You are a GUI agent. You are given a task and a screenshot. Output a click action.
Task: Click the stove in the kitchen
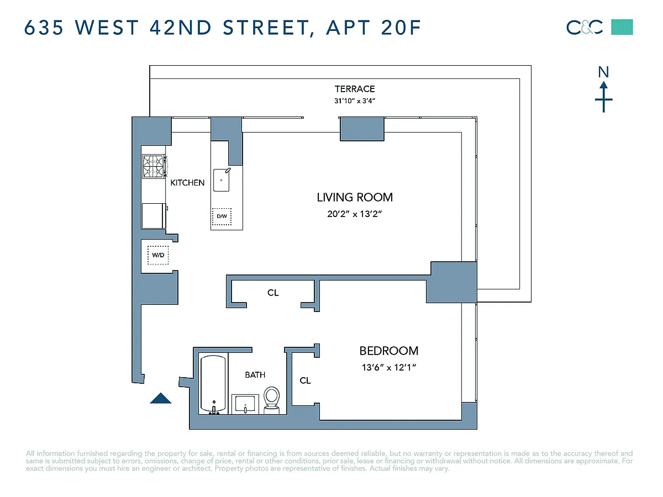coord(154,166)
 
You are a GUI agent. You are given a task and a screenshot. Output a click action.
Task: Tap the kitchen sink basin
coord(222,180)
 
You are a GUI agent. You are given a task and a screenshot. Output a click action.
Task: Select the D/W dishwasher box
coord(222,216)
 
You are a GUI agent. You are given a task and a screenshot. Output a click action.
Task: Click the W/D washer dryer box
coord(158,255)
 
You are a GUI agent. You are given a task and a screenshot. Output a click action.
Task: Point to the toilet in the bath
coord(271,400)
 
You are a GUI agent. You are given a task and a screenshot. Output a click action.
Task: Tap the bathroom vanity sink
coord(245,404)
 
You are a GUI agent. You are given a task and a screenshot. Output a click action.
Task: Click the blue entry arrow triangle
coord(161,398)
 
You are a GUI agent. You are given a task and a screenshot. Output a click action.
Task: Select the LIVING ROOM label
coord(355,197)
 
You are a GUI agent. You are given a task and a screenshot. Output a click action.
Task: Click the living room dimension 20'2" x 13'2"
coord(355,214)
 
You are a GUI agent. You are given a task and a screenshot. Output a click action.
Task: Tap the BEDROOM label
coord(389,351)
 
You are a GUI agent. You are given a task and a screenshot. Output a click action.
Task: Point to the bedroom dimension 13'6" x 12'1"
coord(389,368)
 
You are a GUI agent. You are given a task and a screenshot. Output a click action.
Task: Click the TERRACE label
coord(355,89)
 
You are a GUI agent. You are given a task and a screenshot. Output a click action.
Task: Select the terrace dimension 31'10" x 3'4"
coord(355,101)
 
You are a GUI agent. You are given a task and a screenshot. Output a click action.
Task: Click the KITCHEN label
coord(187,183)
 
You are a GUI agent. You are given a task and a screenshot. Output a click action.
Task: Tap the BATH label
coord(255,375)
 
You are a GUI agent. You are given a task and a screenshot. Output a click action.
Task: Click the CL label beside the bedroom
coord(305,380)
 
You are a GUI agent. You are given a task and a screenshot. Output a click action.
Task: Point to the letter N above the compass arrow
coord(603,72)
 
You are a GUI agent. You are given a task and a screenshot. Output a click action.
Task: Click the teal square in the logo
coord(622,27)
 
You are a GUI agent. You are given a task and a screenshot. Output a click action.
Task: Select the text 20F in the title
coord(401,28)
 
